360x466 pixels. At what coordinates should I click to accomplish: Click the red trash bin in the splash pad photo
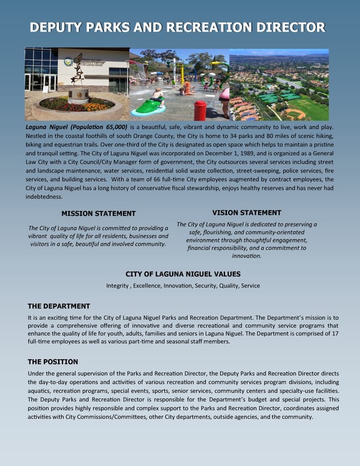pos(200,110)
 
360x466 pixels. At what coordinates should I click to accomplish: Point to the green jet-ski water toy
pos(151,107)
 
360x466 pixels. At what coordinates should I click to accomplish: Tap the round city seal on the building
pos(68,61)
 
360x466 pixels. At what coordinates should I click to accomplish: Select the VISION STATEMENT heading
pos(247,213)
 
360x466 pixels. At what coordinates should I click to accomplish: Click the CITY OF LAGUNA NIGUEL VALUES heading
pos(183,274)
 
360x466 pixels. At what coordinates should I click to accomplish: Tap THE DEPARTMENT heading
pos(59,306)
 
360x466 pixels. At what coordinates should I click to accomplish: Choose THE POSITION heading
pos(53,362)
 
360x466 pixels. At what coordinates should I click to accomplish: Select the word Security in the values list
pos(205,285)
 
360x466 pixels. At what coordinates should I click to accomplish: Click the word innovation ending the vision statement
pos(247,256)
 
